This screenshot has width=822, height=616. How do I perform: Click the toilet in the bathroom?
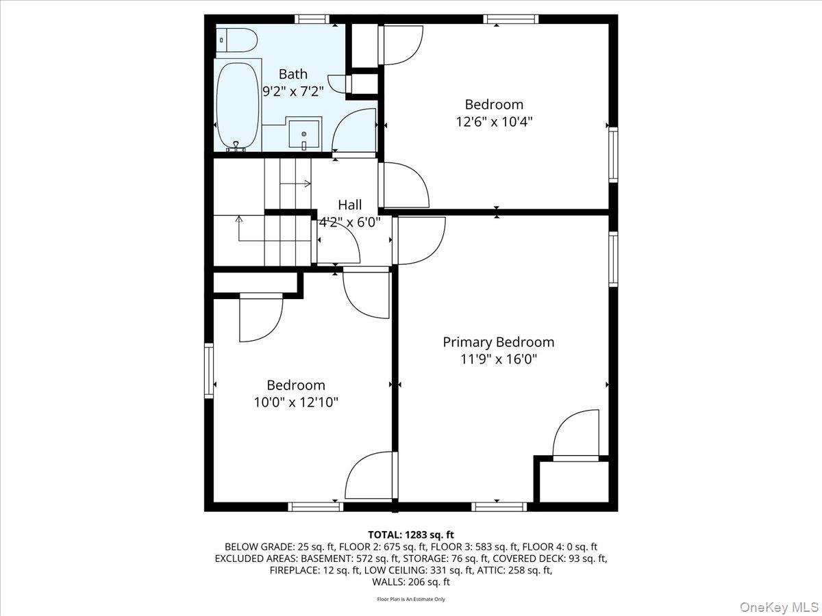click(x=237, y=40)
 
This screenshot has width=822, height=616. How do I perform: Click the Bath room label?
click(x=292, y=74)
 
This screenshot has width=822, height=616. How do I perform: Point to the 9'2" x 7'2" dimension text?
click(x=293, y=91)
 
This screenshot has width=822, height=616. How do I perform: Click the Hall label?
click(x=349, y=205)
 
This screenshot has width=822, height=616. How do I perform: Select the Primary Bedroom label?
click(x=498, y=342)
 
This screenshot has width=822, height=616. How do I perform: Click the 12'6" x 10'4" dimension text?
click(x=494, y=122)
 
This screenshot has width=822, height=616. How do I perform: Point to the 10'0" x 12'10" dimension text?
click(x=296, y=402)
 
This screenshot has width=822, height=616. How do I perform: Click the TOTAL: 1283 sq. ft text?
click(x=411, y=535)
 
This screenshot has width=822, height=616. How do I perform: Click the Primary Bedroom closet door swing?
click(x=575, y=435)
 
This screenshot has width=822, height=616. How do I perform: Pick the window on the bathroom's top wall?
click(x=312, y=18)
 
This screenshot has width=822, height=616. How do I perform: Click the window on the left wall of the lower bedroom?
click(x=209, y=370)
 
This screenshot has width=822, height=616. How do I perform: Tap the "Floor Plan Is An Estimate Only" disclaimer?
click(x=411, y=600)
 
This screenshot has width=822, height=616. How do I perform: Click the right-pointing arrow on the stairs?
click(x=306, y=183)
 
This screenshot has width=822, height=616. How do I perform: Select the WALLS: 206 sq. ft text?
click(x=411, y=582)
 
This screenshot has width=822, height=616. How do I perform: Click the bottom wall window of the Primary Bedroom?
click(x=499, y=506)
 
